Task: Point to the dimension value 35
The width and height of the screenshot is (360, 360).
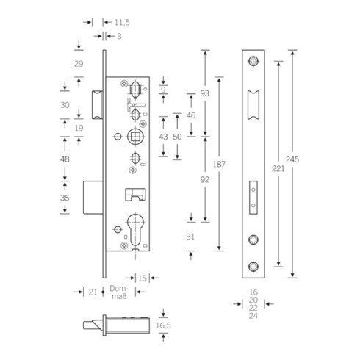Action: click(66, 198)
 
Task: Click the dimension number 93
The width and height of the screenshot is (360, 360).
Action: click(204, 93)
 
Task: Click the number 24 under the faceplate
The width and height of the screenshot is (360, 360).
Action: click(253, 316)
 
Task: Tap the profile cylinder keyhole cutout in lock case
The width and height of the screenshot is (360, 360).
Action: click(135, 227)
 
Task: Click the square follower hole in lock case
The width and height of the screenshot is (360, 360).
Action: click(135, 136)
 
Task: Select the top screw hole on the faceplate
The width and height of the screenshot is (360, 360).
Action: click(253, 61)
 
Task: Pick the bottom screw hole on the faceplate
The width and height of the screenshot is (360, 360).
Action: click(253, 266)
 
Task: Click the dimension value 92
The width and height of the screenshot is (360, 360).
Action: click(204, 177)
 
